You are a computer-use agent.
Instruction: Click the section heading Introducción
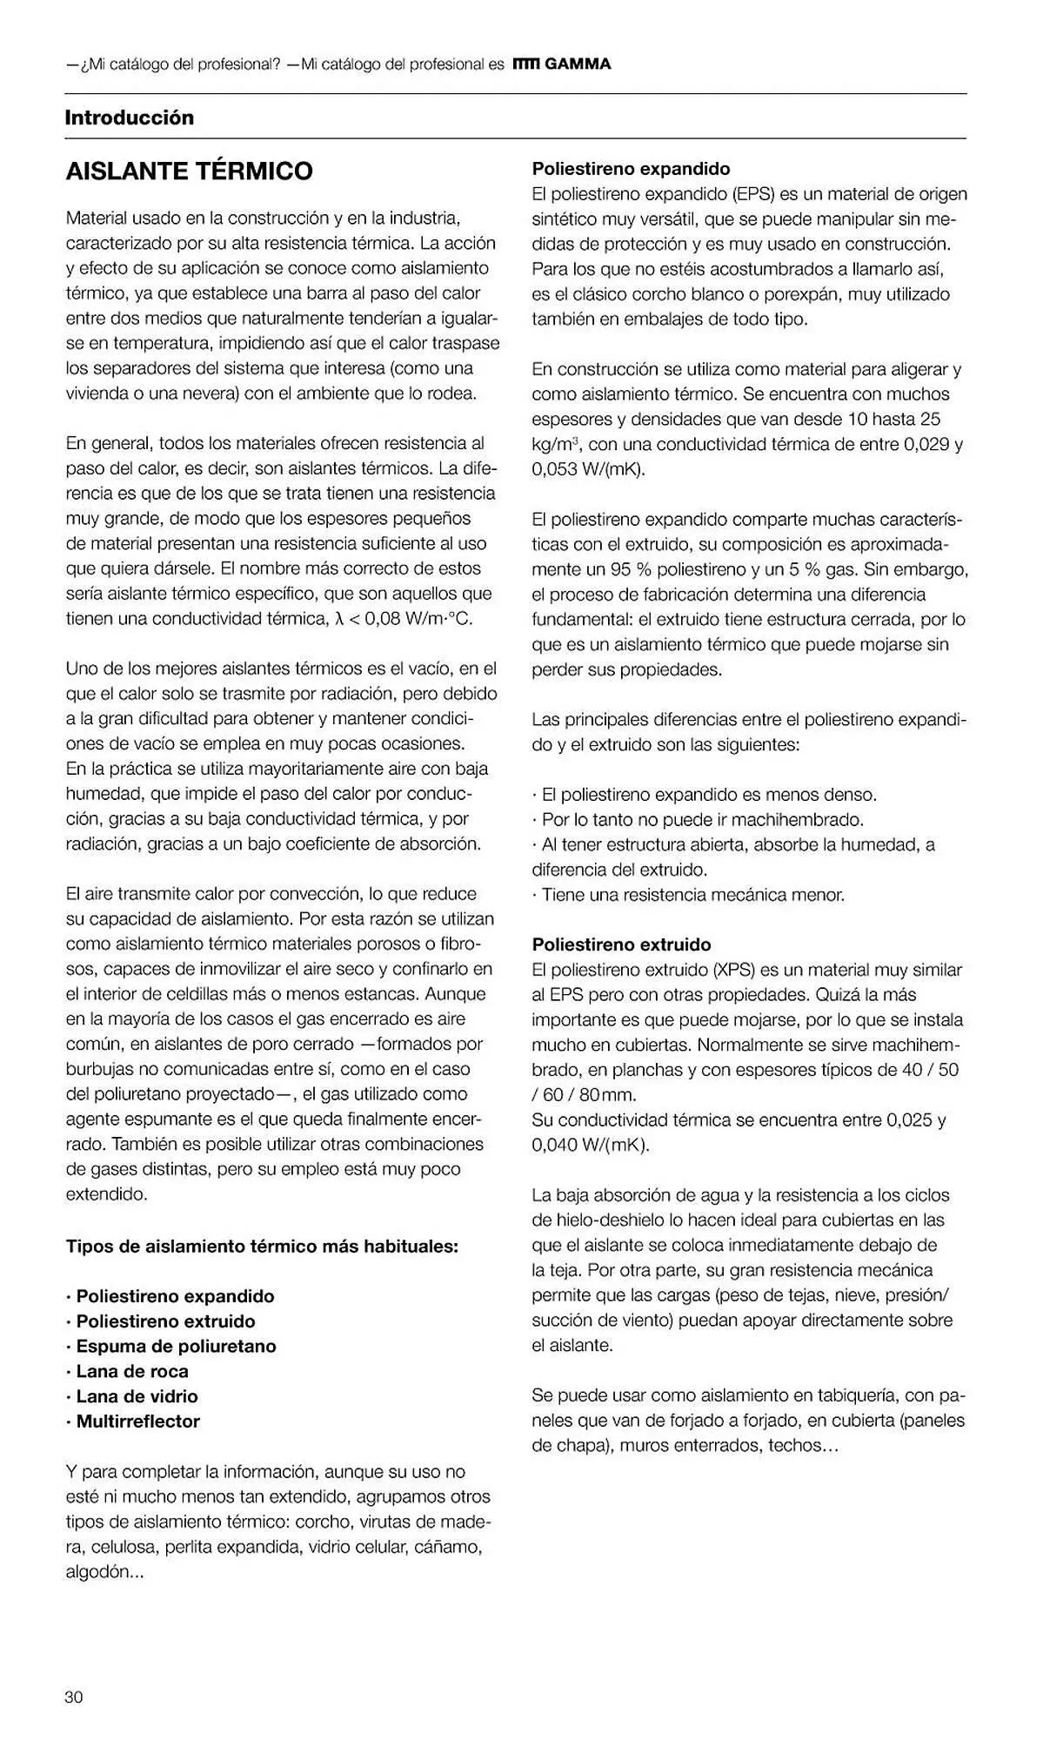pyautogui.click(x=130, y=118)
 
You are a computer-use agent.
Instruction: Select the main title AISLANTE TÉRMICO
pyautogui.click(x=190, y=171)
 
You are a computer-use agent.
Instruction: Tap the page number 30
pyautogui.click(x=74, y=1697)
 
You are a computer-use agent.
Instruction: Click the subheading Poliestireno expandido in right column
pyautogui.click(x=631, y=169)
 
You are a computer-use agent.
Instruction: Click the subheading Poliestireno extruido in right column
pyautogui.click(x=621, y=944)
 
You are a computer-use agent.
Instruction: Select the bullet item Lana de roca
pyautogui.click(x=132, y=1371)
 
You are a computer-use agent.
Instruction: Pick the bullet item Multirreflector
pyautogui.click(x=137, y=1422)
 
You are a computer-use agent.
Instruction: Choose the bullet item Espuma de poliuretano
pyautogui.click(x=176, y=1346)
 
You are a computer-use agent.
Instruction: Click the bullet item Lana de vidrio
pyautogui.click(x=137, y=1396)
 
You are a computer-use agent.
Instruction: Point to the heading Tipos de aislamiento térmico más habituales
pyautogui.click(x=262, y=1246)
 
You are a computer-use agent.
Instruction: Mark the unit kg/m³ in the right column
pyautogui.click(x=555, y=445)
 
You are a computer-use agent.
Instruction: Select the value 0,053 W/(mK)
pyautogui.click(x=588, y=469)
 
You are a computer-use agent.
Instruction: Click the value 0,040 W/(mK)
pyautogui.click(x=590, y=1145)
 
